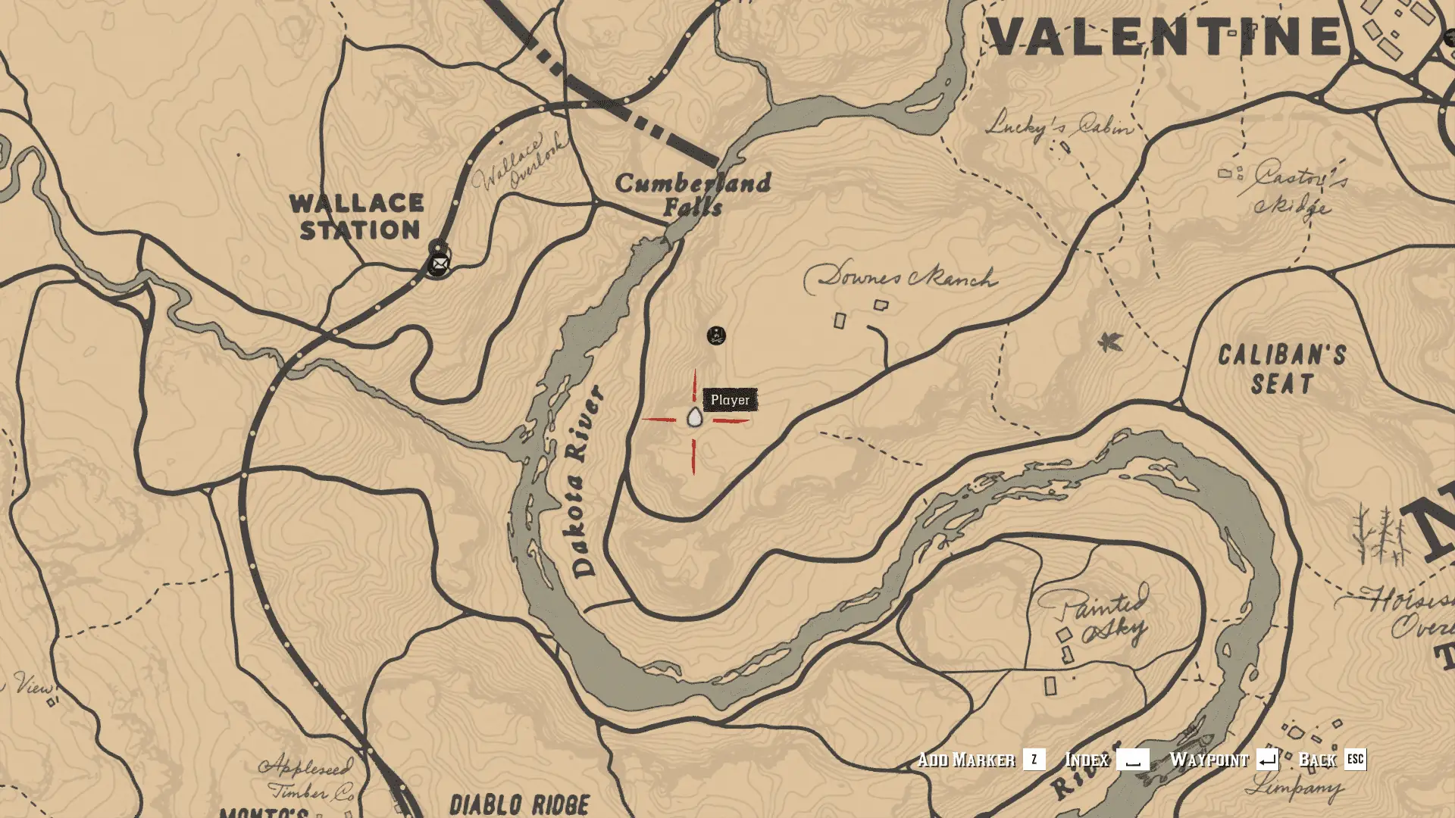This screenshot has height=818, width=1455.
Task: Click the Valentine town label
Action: click(1164, 36)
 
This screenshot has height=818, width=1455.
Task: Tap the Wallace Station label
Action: click(358, 217)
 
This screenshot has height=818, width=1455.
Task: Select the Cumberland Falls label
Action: click(693, 194)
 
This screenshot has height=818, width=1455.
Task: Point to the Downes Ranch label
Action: click(900, 277)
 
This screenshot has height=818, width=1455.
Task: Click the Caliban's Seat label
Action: click(1282, 370)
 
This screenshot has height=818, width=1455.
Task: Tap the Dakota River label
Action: click(585, 482)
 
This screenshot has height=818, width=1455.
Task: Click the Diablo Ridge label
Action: click(520, 804)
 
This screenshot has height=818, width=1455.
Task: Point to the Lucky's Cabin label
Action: click(1059, 124)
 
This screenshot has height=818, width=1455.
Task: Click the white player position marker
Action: click(694, 417)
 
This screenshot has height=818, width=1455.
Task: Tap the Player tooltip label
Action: click(730, 400)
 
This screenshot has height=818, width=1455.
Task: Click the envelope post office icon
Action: click(439, 264)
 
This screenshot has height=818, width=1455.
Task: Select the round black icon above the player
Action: click(716, 335)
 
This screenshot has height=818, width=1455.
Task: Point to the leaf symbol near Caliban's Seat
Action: click(1110, 342)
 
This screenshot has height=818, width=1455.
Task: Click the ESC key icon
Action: click(1355, 759)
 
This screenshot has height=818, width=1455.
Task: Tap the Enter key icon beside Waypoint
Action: click(1267, 759)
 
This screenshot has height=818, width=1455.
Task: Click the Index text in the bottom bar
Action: click(1087, 760)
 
